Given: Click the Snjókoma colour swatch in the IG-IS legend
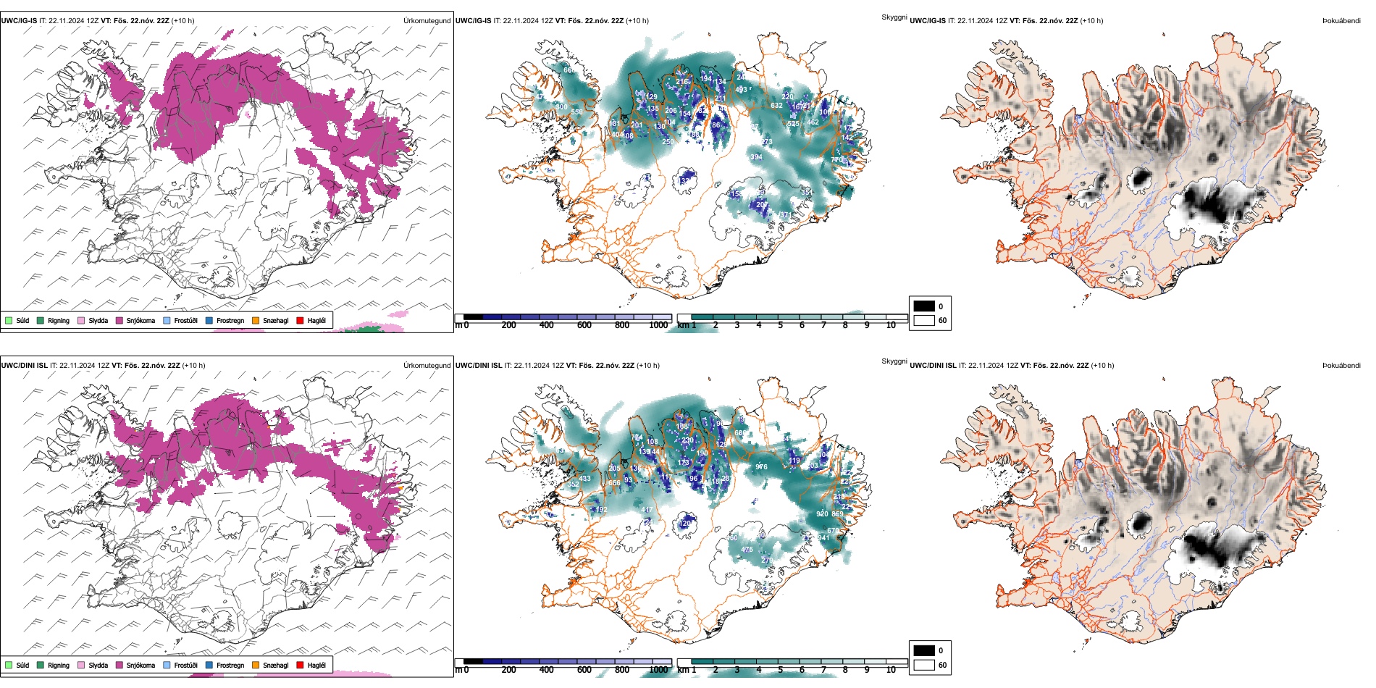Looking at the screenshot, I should (119, 320).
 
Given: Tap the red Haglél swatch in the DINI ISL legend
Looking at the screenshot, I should (300, 665).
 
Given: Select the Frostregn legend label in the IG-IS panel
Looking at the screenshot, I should (230, 320).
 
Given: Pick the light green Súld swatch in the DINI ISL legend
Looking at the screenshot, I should (9, 665).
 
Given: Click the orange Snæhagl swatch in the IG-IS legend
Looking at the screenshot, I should (256, 320).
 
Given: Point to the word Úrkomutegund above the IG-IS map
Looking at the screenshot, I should (427, 20).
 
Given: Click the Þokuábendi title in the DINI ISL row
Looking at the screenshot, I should (1341, 365).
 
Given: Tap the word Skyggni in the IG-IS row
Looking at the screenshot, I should (894, 17).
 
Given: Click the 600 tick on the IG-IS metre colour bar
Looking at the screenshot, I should (584, 325).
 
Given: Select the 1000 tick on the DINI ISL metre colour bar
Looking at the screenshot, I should (658, 670).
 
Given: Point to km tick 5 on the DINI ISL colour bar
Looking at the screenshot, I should (780, 670).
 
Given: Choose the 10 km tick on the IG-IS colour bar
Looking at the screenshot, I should (891, 325).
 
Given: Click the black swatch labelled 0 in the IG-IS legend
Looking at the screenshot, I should (924, 306).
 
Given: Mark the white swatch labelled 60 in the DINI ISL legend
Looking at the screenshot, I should (924, 665).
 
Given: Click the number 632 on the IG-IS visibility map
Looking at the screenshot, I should (776, 106).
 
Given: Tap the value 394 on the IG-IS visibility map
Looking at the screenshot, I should (756, 157).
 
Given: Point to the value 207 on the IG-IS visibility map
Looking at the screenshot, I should (762, 205).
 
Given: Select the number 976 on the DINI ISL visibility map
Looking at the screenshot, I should (761, 467).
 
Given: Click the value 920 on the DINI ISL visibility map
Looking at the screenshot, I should (822, 514).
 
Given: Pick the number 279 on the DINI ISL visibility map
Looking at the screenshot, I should (766, 561).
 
